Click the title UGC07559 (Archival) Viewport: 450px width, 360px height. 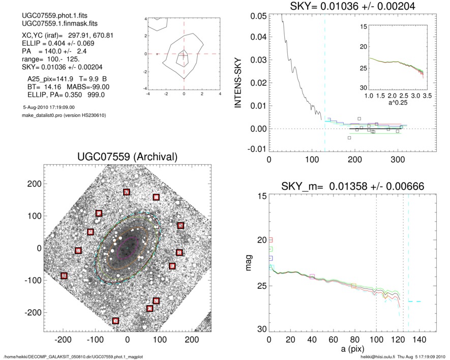[x=127, y=157]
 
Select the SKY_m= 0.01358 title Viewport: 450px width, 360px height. [x=346, y=187]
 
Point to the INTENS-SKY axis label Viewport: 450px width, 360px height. [x=238, y=81]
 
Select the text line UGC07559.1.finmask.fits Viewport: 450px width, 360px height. [x=51, y=24]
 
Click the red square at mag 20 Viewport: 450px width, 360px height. [x=271, y=239]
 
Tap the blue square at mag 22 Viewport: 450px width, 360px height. [x=271, y=258]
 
